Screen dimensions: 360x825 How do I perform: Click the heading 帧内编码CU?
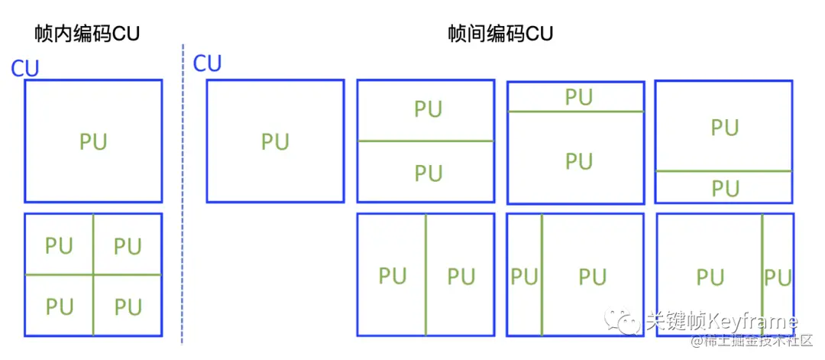[87, 34]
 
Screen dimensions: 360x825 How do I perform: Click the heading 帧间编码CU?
[500, 34]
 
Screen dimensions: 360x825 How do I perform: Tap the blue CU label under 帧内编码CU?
[24, 69]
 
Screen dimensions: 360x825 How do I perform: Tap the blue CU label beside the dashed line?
[207, 63]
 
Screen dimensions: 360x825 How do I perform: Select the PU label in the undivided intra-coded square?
[93, 141]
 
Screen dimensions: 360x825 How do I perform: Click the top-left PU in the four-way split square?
[59, 246]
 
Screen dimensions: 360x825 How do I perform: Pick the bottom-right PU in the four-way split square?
[128, 306]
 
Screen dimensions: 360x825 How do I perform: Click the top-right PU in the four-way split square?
[128, 246]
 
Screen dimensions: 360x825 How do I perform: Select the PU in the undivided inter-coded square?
[275, 141]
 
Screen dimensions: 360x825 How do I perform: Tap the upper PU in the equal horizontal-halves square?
[428, 109]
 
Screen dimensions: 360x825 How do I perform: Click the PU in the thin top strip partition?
[578, 97]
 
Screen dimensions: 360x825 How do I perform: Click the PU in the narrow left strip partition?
[524, 276]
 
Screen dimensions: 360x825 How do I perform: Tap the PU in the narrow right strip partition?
[778, 277]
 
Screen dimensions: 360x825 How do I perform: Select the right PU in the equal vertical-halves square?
[461, 276]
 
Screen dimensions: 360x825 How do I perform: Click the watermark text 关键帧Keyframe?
[721, 321]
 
